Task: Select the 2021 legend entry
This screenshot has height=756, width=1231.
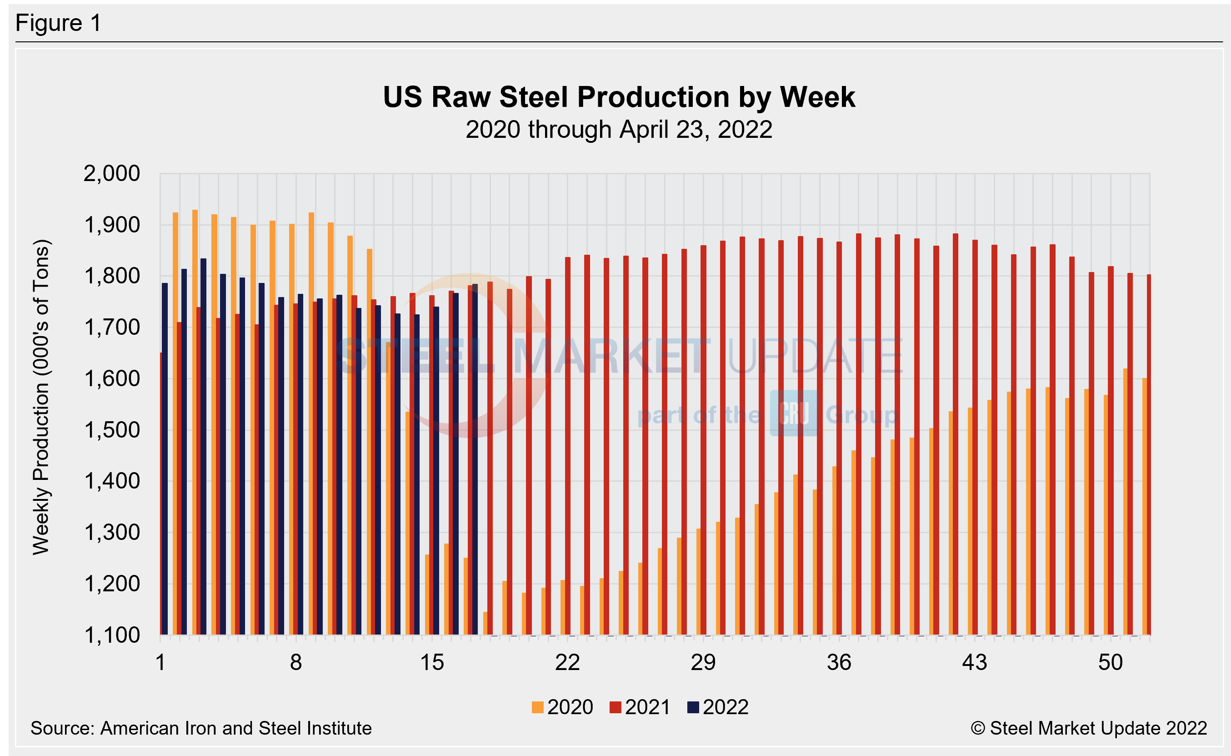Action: (640, 707)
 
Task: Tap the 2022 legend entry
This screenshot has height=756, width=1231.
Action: (718, 707)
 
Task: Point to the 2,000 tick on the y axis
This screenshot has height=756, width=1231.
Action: (112, 174)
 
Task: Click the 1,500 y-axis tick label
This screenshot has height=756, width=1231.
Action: (112, 430)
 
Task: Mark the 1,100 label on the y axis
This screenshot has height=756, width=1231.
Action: (112, 635)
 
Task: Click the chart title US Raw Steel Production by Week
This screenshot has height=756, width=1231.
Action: (619, 97)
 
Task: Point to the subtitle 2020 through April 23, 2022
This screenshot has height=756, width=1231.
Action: (619, 130)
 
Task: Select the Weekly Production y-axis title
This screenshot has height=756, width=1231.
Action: (41, 398)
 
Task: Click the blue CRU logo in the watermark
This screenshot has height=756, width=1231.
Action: (793, 413)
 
